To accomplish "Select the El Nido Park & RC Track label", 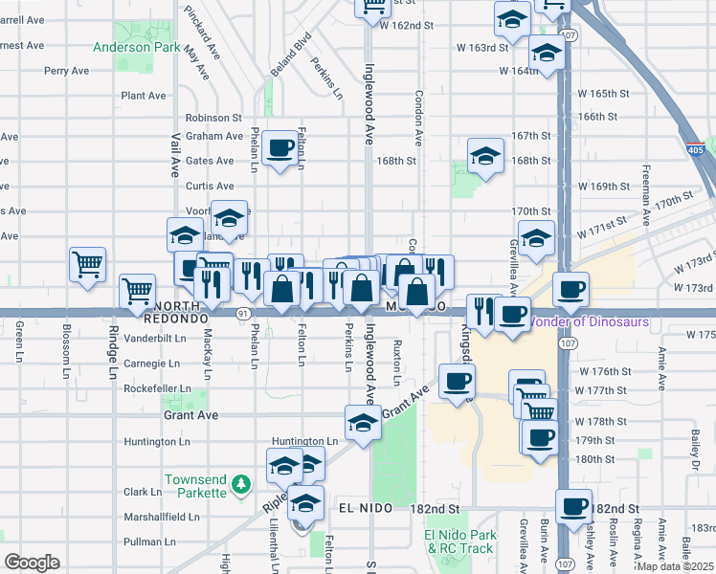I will pos(459,541).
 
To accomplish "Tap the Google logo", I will pos(32,563).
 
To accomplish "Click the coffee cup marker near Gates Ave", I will pos(280,148).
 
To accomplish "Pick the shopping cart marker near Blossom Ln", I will pos(88,263).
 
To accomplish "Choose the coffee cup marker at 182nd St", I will pos(573,506).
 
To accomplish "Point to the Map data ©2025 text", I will pos(677,566).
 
